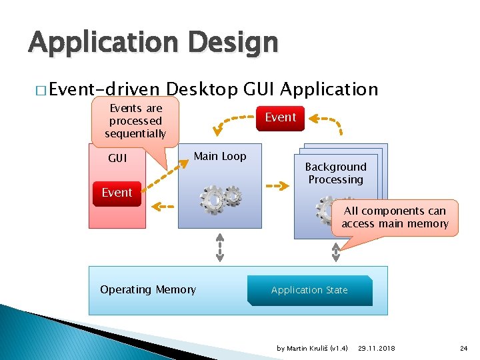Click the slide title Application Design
point(153,43)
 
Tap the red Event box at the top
point(280,117)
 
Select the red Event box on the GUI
point(117,193)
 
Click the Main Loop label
point(219,156)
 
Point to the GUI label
point(117,159)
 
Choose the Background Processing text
point(335,173)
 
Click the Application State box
point(309,290)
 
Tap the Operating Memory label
point(148,289)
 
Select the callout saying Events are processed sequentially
point(135,121)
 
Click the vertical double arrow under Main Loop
point(220,247)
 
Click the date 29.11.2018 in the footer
point(376,348)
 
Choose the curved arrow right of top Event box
point(329,124)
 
